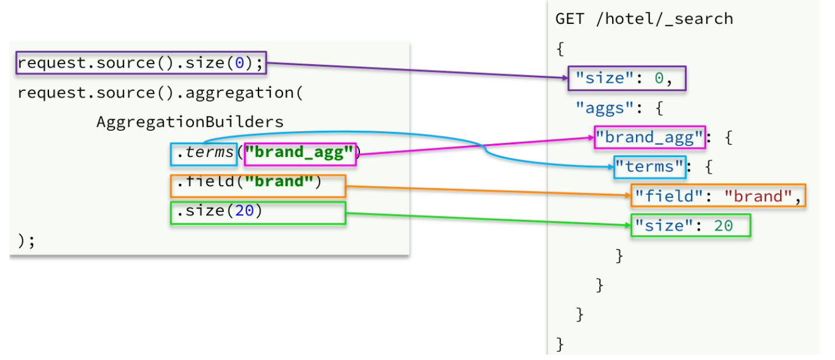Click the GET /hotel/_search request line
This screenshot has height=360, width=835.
point(644,19)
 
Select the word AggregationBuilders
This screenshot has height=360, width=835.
point(190,123)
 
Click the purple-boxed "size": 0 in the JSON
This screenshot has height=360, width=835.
point(627,78)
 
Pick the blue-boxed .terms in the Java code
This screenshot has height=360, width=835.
point(203,154)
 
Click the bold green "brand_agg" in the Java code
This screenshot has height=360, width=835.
point(300,154)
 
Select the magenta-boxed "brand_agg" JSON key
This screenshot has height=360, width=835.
point(649,138)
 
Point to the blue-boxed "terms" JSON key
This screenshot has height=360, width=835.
point(649,167)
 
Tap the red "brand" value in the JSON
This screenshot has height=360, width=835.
point(758,197)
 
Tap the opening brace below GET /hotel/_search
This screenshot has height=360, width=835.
point(560,48)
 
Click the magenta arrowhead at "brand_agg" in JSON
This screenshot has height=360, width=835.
point(590,138)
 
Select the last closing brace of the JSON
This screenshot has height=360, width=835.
point(560,344)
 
